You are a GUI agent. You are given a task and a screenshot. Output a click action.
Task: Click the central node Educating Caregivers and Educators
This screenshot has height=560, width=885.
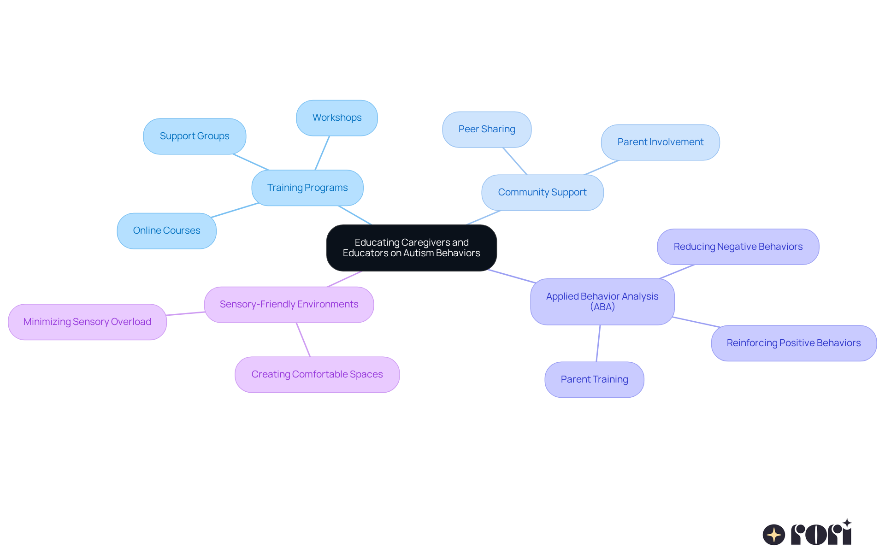(411, 248)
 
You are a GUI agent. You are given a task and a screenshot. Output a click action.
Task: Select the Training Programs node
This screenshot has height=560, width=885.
(307, 188)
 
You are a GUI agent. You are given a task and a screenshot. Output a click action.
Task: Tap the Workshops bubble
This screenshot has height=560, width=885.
(337, 118)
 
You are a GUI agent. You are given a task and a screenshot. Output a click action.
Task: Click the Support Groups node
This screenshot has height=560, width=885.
(195, 136)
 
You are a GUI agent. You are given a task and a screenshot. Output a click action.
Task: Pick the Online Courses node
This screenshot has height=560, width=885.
(166, 231)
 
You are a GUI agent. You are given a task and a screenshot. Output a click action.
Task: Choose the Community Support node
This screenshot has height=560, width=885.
(542, 193)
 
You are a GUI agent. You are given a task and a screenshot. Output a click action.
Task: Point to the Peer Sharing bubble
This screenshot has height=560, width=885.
(487, 130)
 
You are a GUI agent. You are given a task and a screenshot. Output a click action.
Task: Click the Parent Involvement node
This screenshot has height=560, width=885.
(660, 142)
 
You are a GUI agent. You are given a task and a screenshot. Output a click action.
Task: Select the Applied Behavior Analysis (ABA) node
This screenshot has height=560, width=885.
(602, 302)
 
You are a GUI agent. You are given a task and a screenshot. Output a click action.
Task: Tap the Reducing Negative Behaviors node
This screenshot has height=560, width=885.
(738, 247)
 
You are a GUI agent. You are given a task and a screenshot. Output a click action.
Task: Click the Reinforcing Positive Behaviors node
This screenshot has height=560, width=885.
(793, 343)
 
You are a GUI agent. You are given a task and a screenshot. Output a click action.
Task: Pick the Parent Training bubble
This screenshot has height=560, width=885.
(594, 380)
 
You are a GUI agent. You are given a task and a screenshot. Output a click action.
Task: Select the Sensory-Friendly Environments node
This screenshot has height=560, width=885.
(289, 305)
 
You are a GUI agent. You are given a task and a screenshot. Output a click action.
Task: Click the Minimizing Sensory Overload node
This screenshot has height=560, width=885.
(87, 322)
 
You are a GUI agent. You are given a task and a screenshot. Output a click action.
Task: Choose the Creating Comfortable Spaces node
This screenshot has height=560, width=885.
(317, 375)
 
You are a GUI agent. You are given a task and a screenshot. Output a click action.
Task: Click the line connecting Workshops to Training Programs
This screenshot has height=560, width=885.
(322, 153)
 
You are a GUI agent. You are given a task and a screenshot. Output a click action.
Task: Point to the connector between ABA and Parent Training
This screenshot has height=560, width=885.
(598, 343)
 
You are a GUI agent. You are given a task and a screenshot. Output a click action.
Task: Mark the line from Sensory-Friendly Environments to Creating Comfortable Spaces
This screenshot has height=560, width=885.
(303, 340)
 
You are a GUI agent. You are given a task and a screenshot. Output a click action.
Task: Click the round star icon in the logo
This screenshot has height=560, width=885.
(773, 535)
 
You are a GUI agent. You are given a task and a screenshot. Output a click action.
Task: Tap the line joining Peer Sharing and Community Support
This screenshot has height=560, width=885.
(515, 161)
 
